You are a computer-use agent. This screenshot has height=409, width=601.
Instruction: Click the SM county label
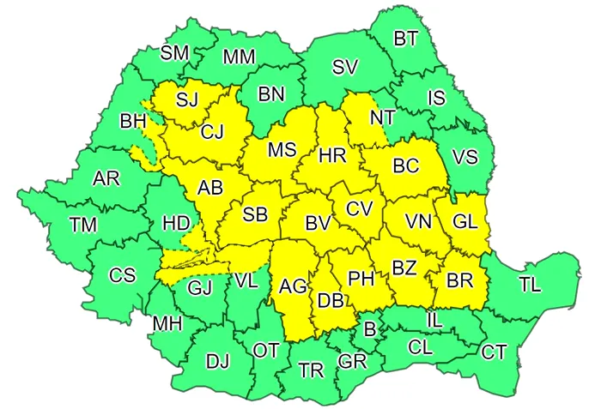pos(175,53)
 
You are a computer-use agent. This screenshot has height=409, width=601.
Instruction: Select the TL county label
pos(530,285)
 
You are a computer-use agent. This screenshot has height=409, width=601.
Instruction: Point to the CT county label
pos(494,352)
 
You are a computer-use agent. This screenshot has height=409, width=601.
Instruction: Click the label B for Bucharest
pos(370,328)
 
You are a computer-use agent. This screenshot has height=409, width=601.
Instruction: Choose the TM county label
pos(83,225)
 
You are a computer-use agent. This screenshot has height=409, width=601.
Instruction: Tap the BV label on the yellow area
pos(319,224)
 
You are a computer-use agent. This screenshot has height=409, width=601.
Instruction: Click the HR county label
pos(331,156)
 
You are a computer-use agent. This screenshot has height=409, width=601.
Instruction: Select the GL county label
pos(464,221)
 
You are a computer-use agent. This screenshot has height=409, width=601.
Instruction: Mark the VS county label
pos(464,157)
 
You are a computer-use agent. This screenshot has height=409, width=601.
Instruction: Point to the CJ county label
pos(213,132)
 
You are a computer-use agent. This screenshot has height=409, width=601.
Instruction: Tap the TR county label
pos(311,370)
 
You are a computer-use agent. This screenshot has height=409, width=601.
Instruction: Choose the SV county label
pos(345,67)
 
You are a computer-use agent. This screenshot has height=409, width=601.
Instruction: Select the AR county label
pos(106,178)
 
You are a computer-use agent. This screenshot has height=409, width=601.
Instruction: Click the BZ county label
pos(404,268)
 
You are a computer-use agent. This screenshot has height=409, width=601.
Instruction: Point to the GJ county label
pos(199,287)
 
